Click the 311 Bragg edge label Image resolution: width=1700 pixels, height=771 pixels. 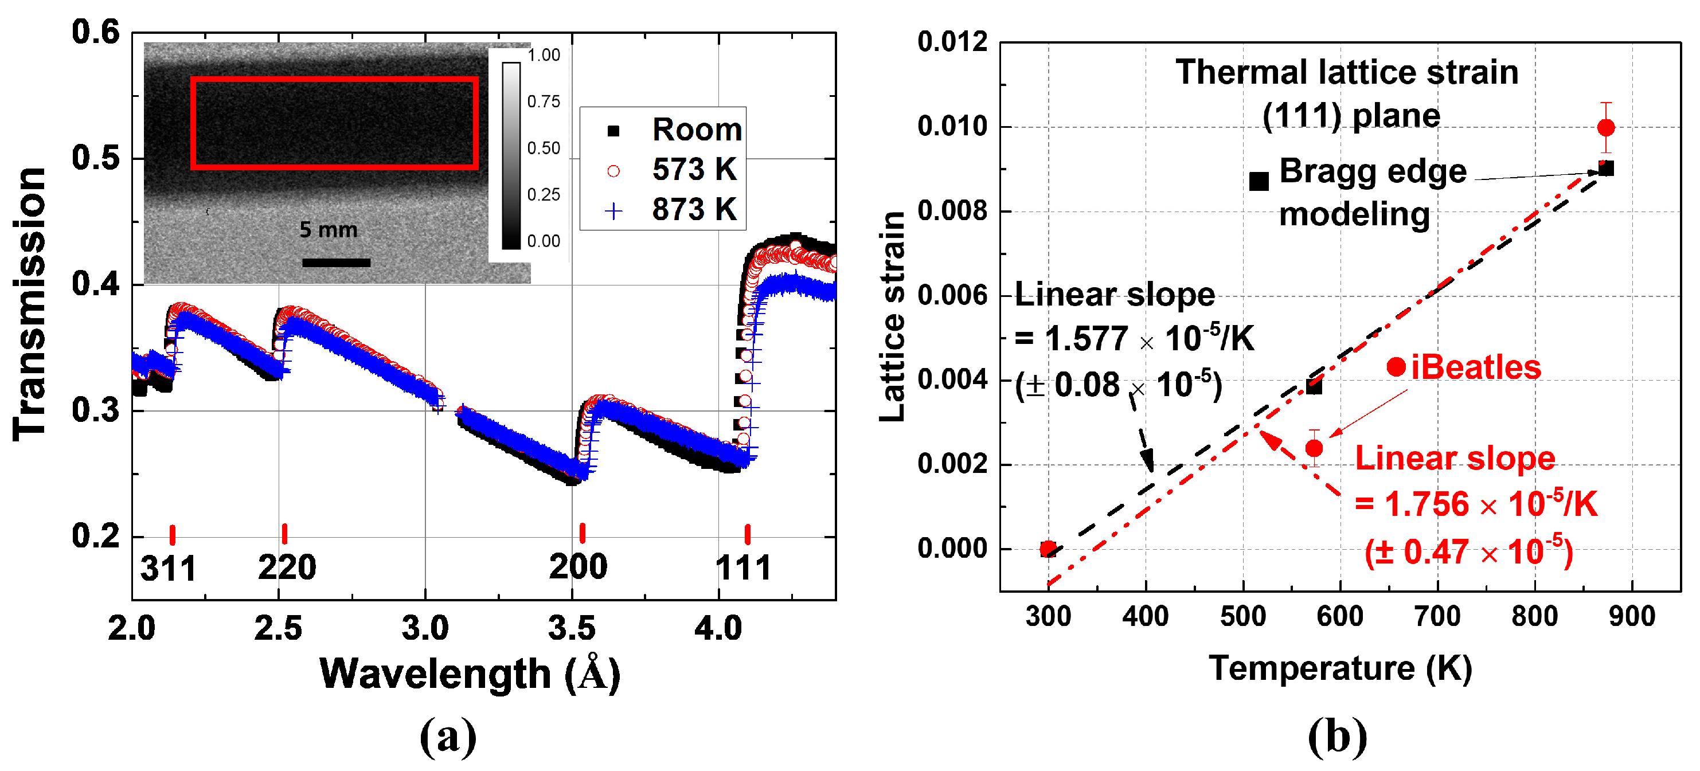[x=169, y=568]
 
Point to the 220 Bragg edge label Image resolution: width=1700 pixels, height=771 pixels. [x=287, y=567]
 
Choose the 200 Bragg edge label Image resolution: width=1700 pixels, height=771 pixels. [x=578, y=566]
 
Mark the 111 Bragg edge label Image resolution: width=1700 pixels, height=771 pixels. [x=744, y=567]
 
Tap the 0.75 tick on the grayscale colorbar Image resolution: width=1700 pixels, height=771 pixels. [x=543, y=101]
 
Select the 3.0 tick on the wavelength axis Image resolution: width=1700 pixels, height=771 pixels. [x=425, y=628]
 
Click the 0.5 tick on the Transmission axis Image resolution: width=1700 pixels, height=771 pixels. [x=96, y=158]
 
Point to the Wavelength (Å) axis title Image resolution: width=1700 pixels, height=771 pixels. [x=470, y=675]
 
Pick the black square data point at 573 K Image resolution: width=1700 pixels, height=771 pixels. [x=1314, y=386]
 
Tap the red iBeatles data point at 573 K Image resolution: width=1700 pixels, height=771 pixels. [x=1314, y=448]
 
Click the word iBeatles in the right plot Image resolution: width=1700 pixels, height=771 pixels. [x=1476, y=367]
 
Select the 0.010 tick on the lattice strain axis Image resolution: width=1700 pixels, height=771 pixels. [x=952, y=126]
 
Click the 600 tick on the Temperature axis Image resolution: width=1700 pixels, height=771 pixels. [x=1341, y=617]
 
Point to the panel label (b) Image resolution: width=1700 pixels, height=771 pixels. [x=1337, y=736]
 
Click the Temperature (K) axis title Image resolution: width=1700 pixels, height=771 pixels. [x=1341, y=669]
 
